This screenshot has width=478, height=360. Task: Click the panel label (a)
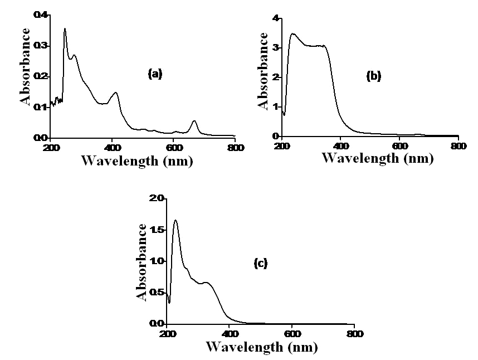coord(155,73)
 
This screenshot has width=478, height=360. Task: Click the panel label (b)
coord(373,76)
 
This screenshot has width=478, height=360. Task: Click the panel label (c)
coord(261,263)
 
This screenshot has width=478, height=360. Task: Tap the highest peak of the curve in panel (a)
coord(65,29)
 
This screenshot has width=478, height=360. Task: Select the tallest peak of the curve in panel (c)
coord(176,221)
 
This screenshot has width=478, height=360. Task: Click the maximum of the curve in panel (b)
coord(293,34)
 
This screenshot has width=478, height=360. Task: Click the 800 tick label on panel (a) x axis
coord(235,148)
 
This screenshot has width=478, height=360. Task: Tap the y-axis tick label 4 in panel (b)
coord(275,18)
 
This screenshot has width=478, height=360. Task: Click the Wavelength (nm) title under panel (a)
coord(137,161)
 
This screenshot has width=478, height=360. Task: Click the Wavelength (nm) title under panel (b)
coord(377,158)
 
